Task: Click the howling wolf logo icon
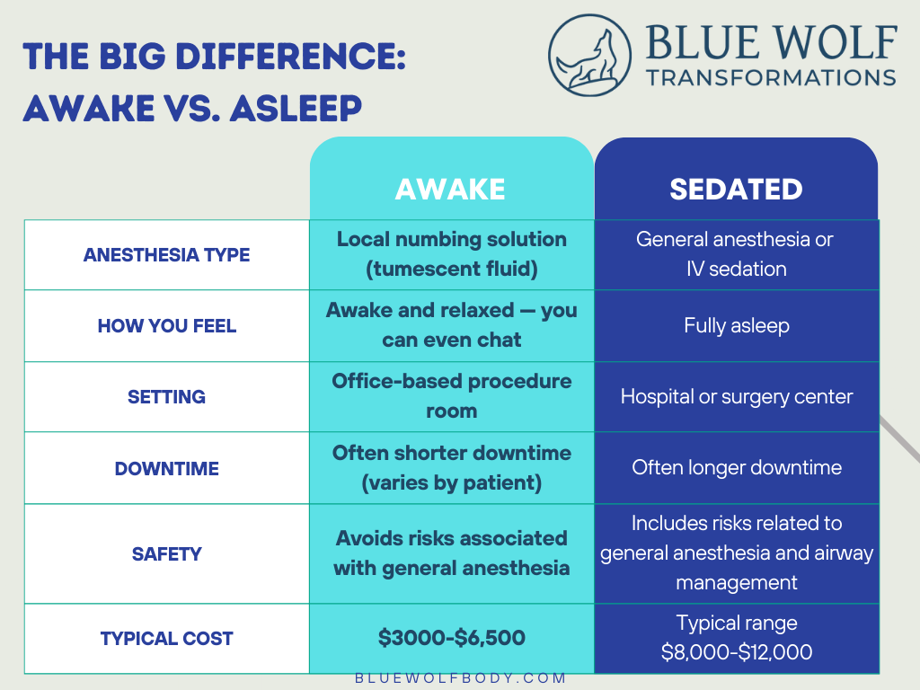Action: click(588, 55)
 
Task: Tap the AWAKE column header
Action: click(450, 189)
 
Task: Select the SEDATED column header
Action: click(736, 189)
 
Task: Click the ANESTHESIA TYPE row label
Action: click(166, 255)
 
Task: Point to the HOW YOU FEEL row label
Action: click(166, 325)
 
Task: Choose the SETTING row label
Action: click(166, 396)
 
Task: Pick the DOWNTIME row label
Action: click(166, 468)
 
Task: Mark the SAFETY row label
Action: click(166, 553)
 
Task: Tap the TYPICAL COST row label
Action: click(166, 639)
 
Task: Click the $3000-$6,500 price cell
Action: click(451, 638)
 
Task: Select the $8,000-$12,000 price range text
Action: click(736, 652)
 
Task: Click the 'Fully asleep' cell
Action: click(736, 325)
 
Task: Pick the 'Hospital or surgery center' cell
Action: click(736, 396)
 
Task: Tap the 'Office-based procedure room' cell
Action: click(451, 395)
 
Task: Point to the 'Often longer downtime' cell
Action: click(736, 467)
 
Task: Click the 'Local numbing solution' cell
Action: click(451, 253)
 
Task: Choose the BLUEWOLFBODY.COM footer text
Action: click(460, 678)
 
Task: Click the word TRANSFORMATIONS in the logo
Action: click(771, 76)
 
